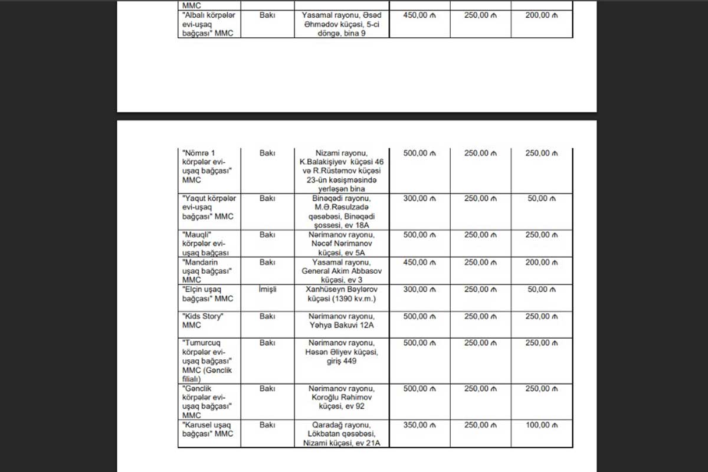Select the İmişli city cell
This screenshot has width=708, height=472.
click(x=267, y=290)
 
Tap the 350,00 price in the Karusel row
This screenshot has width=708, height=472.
click(x=419, y=425)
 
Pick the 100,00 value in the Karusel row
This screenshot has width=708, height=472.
click(x=541, y=425)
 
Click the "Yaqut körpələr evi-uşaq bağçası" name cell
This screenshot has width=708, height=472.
click(x=208, y=208)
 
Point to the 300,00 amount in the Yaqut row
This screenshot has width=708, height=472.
click(x=419, y=199)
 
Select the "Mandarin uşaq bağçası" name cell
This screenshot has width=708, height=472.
click(x=208, y=271)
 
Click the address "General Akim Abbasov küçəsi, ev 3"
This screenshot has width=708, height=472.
click(x=343, y=271)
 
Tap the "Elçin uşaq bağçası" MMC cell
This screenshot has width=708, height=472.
click(x=208, y=294)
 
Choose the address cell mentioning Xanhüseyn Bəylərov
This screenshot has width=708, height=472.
click(x=343, y=294)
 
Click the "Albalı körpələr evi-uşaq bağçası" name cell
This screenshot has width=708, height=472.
click(x=208, y=24)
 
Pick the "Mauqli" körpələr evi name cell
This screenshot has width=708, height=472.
click(x=208, y=244)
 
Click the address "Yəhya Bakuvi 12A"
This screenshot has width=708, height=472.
click(x=343, y=321)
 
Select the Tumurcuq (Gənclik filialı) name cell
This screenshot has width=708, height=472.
click(x=208, y=360)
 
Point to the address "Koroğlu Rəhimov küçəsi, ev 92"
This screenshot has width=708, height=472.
click(x=343, y=398)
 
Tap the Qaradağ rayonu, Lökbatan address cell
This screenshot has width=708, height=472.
click(x=343, y=434)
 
